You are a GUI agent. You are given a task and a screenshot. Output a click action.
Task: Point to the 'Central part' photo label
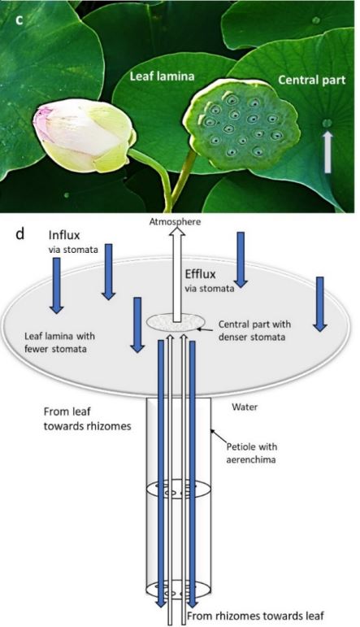point(311,80)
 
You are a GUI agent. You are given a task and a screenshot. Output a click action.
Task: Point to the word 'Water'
point(244,404)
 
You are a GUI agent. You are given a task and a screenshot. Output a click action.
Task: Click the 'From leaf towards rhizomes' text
point(76,418)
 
